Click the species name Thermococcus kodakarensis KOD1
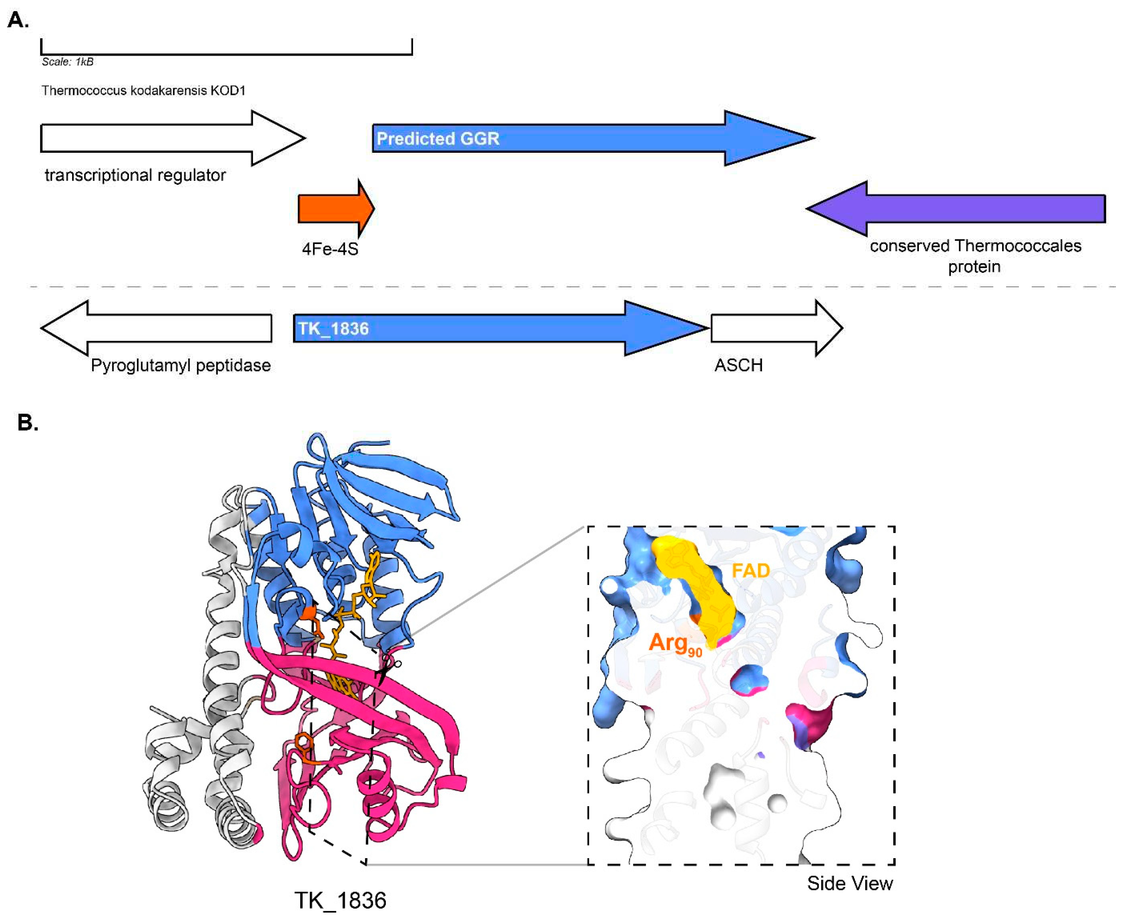point(143,91)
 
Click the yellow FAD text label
point(751,571)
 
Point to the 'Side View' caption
point(850,883)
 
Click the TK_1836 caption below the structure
point(340,900)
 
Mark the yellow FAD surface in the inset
point(695,589)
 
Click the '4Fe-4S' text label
point(330,249)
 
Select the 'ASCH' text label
point(738,366)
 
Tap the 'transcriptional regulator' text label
point(135,175)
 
